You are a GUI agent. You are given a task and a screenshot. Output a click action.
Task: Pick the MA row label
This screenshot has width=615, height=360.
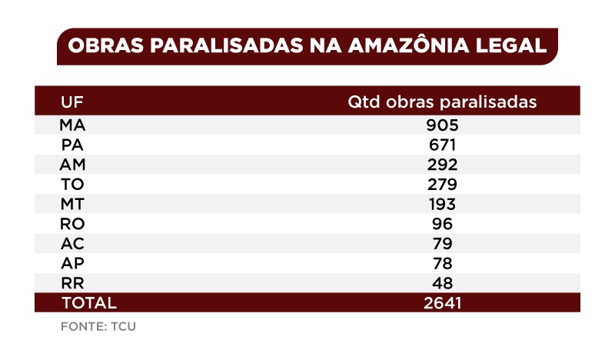(72, 125)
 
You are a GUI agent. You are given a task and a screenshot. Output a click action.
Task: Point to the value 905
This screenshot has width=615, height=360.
(444, 125)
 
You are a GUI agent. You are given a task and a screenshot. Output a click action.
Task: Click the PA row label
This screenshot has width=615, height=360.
(71, 145)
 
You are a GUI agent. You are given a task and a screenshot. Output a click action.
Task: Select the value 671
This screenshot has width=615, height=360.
(444, 145)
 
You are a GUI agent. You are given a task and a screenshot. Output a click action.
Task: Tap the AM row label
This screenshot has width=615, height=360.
(72, 165)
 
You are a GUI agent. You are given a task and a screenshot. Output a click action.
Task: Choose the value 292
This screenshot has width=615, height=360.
(444, 165)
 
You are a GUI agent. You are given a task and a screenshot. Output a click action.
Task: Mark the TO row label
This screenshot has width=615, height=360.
(71, 185)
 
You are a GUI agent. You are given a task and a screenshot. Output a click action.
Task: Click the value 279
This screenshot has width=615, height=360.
(444, 185)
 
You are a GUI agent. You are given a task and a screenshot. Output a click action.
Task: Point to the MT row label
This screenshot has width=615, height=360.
(71, 205)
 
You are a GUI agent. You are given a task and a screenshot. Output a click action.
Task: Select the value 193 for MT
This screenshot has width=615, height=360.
(443, 205)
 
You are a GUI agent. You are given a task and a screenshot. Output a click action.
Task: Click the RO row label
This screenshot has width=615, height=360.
(71, 224)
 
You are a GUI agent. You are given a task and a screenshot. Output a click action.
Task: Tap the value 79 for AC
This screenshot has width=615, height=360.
(443, 244)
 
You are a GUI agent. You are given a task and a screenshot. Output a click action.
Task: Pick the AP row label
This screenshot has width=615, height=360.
(71, 263)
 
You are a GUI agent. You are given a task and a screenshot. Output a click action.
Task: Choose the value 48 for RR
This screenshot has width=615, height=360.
(443, 282)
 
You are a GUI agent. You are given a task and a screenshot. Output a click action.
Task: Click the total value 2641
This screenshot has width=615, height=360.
(443, 302)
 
